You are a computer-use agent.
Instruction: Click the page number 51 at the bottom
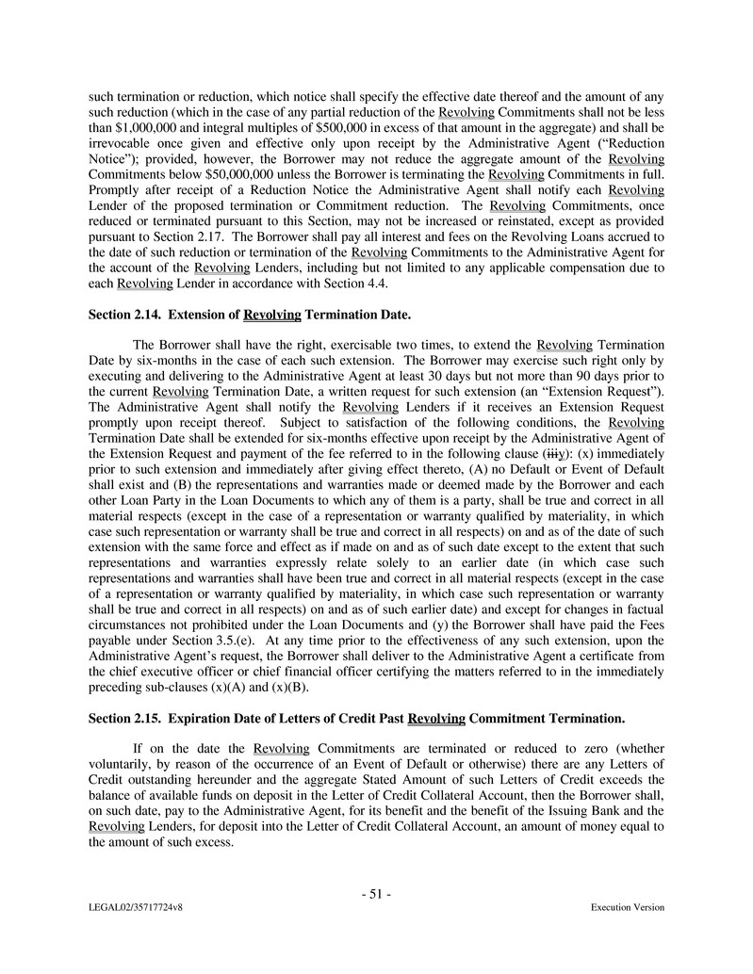(376, 895)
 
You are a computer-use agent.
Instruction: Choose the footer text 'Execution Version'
(627, 908)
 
